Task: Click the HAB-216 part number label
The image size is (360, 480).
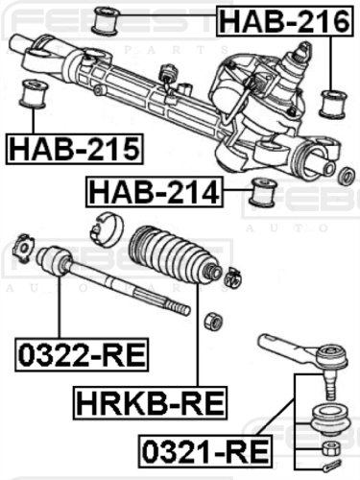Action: pyautogui.click(x=285, y=21)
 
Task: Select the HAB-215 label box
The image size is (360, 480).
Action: pyautogui.click(x=75, y=150)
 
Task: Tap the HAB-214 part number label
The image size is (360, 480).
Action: pyautogui.click(x=155, y=192)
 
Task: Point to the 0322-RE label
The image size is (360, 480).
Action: pyautogui.click(x=82, y=354)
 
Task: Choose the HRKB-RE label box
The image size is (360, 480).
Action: pyautogui.click(x=150, y=403)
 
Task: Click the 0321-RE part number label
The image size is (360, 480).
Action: pyautogui.click(x=205, y=451)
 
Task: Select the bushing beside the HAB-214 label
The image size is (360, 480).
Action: pyautogui.click(x=264, y=192)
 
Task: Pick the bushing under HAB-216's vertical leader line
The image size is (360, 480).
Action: pyautogui.click(x=333, y=104)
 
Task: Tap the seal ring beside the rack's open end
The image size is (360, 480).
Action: pyautogui.click(x=347, y=176)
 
